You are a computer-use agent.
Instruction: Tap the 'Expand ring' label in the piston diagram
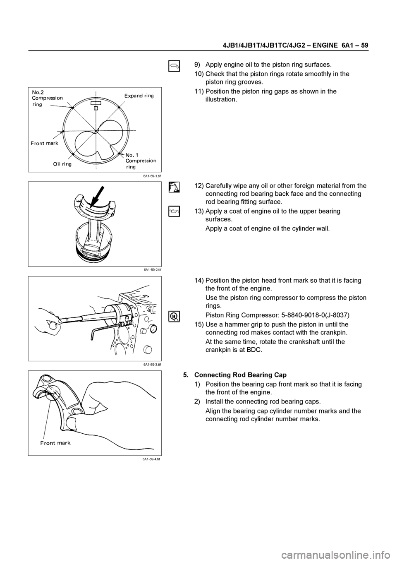pyautogui.click(x=139, y=96)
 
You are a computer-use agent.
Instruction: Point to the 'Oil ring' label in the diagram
pyautogui.click(x=62, y=164)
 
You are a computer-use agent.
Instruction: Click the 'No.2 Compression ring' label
pyautogui.click(x=47, y=98)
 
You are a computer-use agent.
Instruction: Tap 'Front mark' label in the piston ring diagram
pyautogui.click(x=45, y=143)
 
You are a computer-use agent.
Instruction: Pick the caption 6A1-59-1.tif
pyautogui.click(x=152, y=175)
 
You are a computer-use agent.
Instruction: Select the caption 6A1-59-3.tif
pyautogui.click(x=152, y=365)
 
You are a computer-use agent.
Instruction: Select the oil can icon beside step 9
pyautogui.click(x=174, y=65)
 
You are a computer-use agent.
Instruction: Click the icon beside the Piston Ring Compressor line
pyautogui.click(x=174, y=315)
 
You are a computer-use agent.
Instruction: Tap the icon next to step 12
pyautogui.click(x=174, y=187)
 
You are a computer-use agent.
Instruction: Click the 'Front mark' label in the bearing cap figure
pyautogui.click(x=55, y=443)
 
